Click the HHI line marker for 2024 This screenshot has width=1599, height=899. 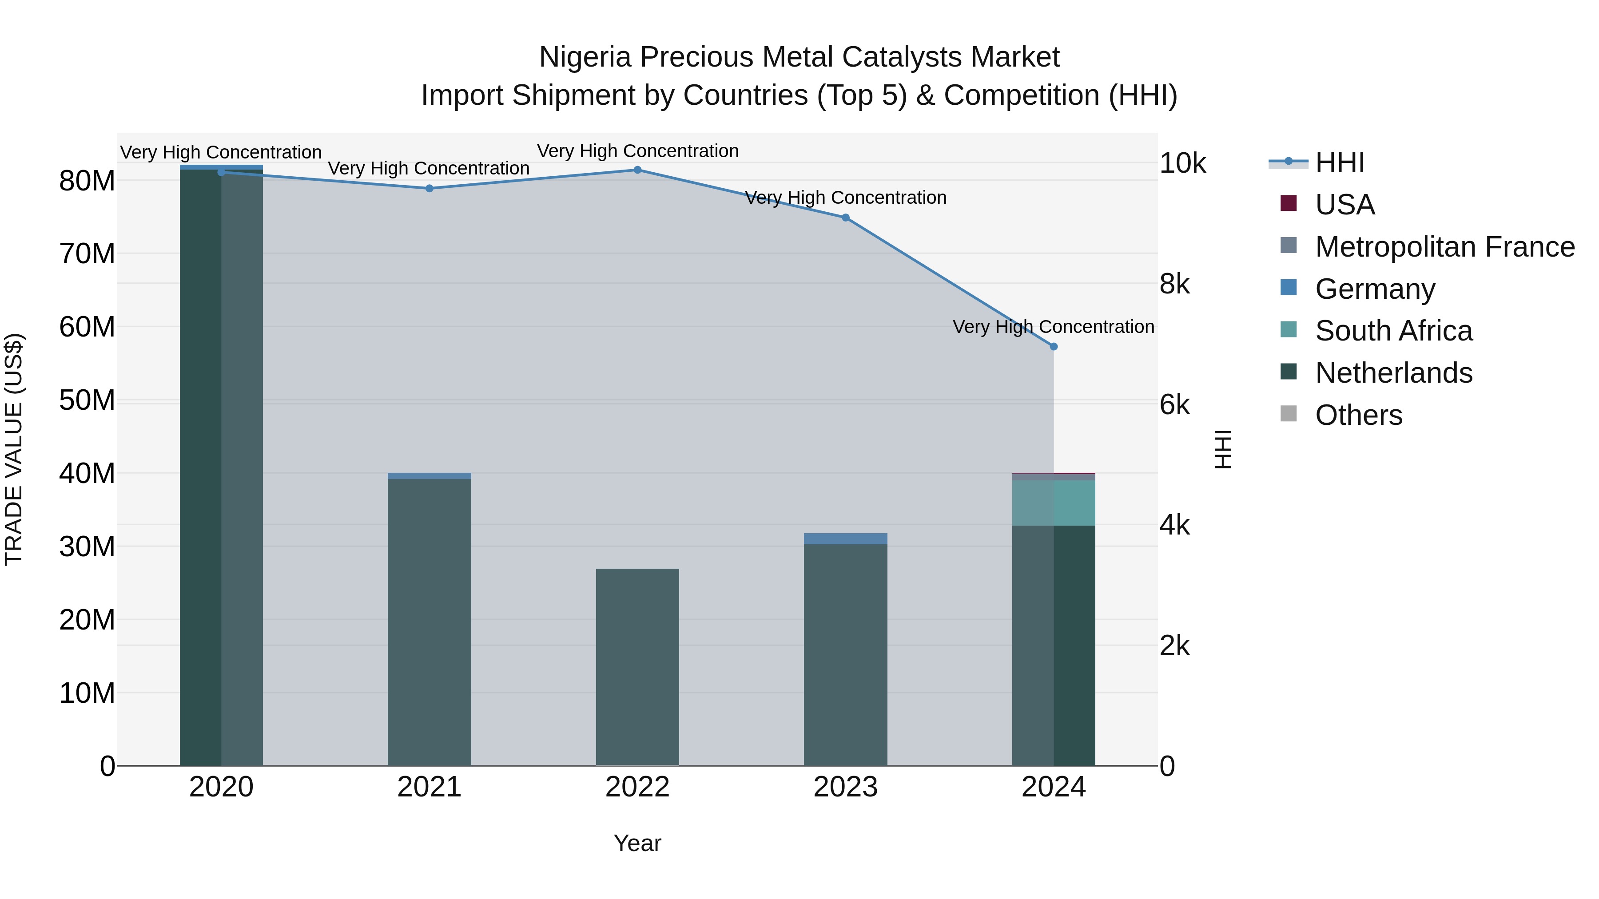point(1054,346)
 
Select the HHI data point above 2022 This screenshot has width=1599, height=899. point(637,170)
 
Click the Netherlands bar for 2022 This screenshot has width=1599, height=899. point(637,667)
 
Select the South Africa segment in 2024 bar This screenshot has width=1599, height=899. point(1054,503)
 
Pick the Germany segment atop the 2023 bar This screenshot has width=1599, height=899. point(845,539)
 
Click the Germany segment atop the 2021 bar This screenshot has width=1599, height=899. point(430,476)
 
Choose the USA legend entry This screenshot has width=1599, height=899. point(1344,205)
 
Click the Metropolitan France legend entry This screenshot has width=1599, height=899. point(1444,247)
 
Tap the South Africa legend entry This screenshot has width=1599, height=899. point(1393,331)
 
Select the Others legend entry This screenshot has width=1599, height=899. point(1358,415)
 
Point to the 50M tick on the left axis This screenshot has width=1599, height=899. point(87,400)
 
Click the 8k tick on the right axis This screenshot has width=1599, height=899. point(1174,284)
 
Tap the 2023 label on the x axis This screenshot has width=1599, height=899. point(845,787)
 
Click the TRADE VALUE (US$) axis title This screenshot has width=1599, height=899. point(14,449)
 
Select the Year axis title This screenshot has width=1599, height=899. point(637,843)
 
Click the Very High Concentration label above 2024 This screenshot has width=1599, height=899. point(1054,326)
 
